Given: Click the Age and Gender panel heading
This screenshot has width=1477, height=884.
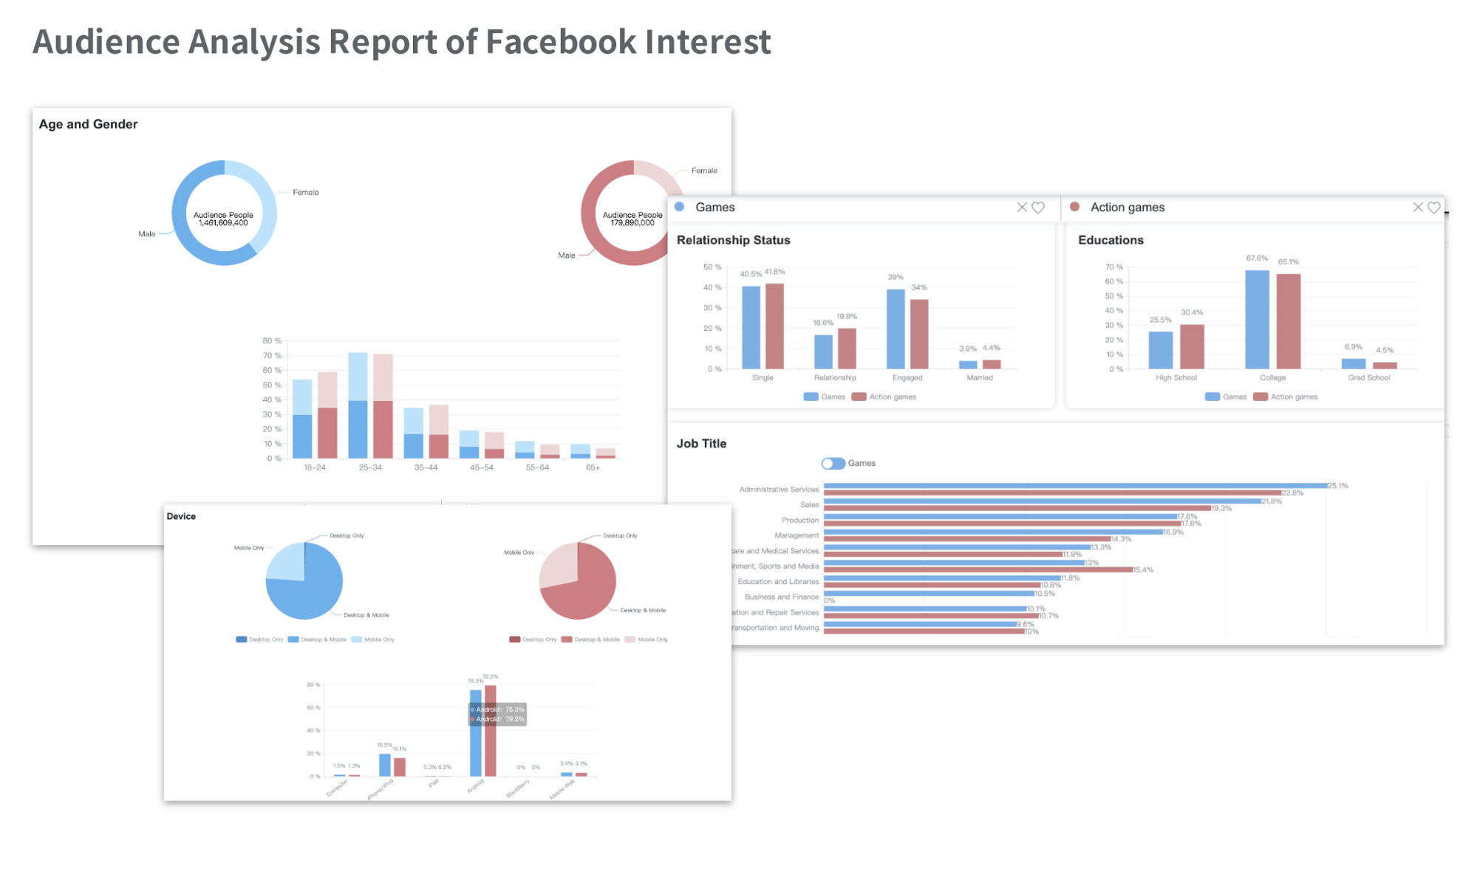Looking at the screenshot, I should pos(88,124).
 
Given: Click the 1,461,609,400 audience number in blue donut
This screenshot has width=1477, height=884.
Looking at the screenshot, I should pos(223,223).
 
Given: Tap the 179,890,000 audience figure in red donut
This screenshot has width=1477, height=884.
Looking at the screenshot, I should pos(632,223).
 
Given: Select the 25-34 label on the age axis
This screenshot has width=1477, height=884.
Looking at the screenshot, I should pos(370,467).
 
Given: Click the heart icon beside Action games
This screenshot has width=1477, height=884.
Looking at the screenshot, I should pos(1433,208).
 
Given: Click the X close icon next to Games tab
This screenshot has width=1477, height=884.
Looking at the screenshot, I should pos(1022,208).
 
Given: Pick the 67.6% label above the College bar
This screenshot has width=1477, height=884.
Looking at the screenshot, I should pos(1256,258).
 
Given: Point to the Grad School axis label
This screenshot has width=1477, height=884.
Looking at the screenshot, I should pos(1368,377).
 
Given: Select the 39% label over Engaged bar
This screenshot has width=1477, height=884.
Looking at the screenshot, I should pos(895,277).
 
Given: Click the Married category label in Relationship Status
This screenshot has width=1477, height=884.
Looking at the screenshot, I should pos(980,377).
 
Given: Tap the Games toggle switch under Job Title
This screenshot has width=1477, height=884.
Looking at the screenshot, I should pos(833,463).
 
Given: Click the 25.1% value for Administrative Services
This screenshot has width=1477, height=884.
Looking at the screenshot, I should pos(1338,486).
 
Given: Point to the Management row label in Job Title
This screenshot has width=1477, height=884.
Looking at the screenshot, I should pos(797,535).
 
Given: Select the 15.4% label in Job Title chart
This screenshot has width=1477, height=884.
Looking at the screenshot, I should pos(1143,569).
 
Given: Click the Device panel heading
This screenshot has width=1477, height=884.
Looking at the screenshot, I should pos(181,516).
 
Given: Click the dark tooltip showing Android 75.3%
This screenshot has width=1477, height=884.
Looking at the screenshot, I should pos(498,714).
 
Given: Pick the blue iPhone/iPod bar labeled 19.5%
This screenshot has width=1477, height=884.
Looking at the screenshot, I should pos(385,764).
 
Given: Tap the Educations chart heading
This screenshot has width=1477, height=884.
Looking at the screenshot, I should pos(1111,240).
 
